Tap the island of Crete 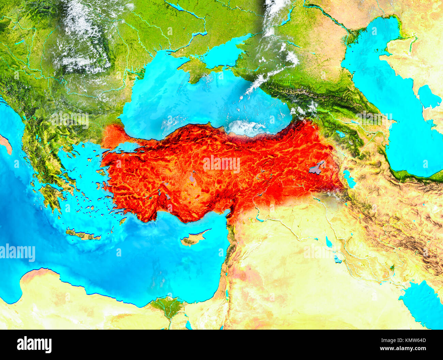click(83, 234)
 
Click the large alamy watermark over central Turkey click(221, 164)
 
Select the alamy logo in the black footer click(34, 344)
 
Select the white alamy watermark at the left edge click(18, 253)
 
